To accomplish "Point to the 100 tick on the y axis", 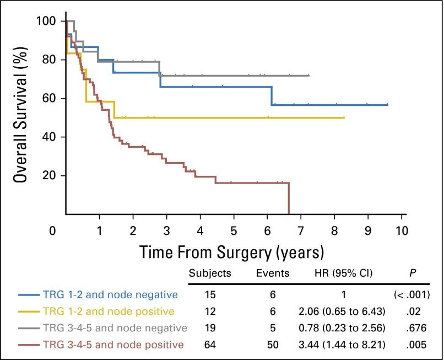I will tap(46, 22).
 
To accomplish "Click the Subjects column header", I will tap(210, 273).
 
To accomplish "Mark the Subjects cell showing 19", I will tap(209, 329).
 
